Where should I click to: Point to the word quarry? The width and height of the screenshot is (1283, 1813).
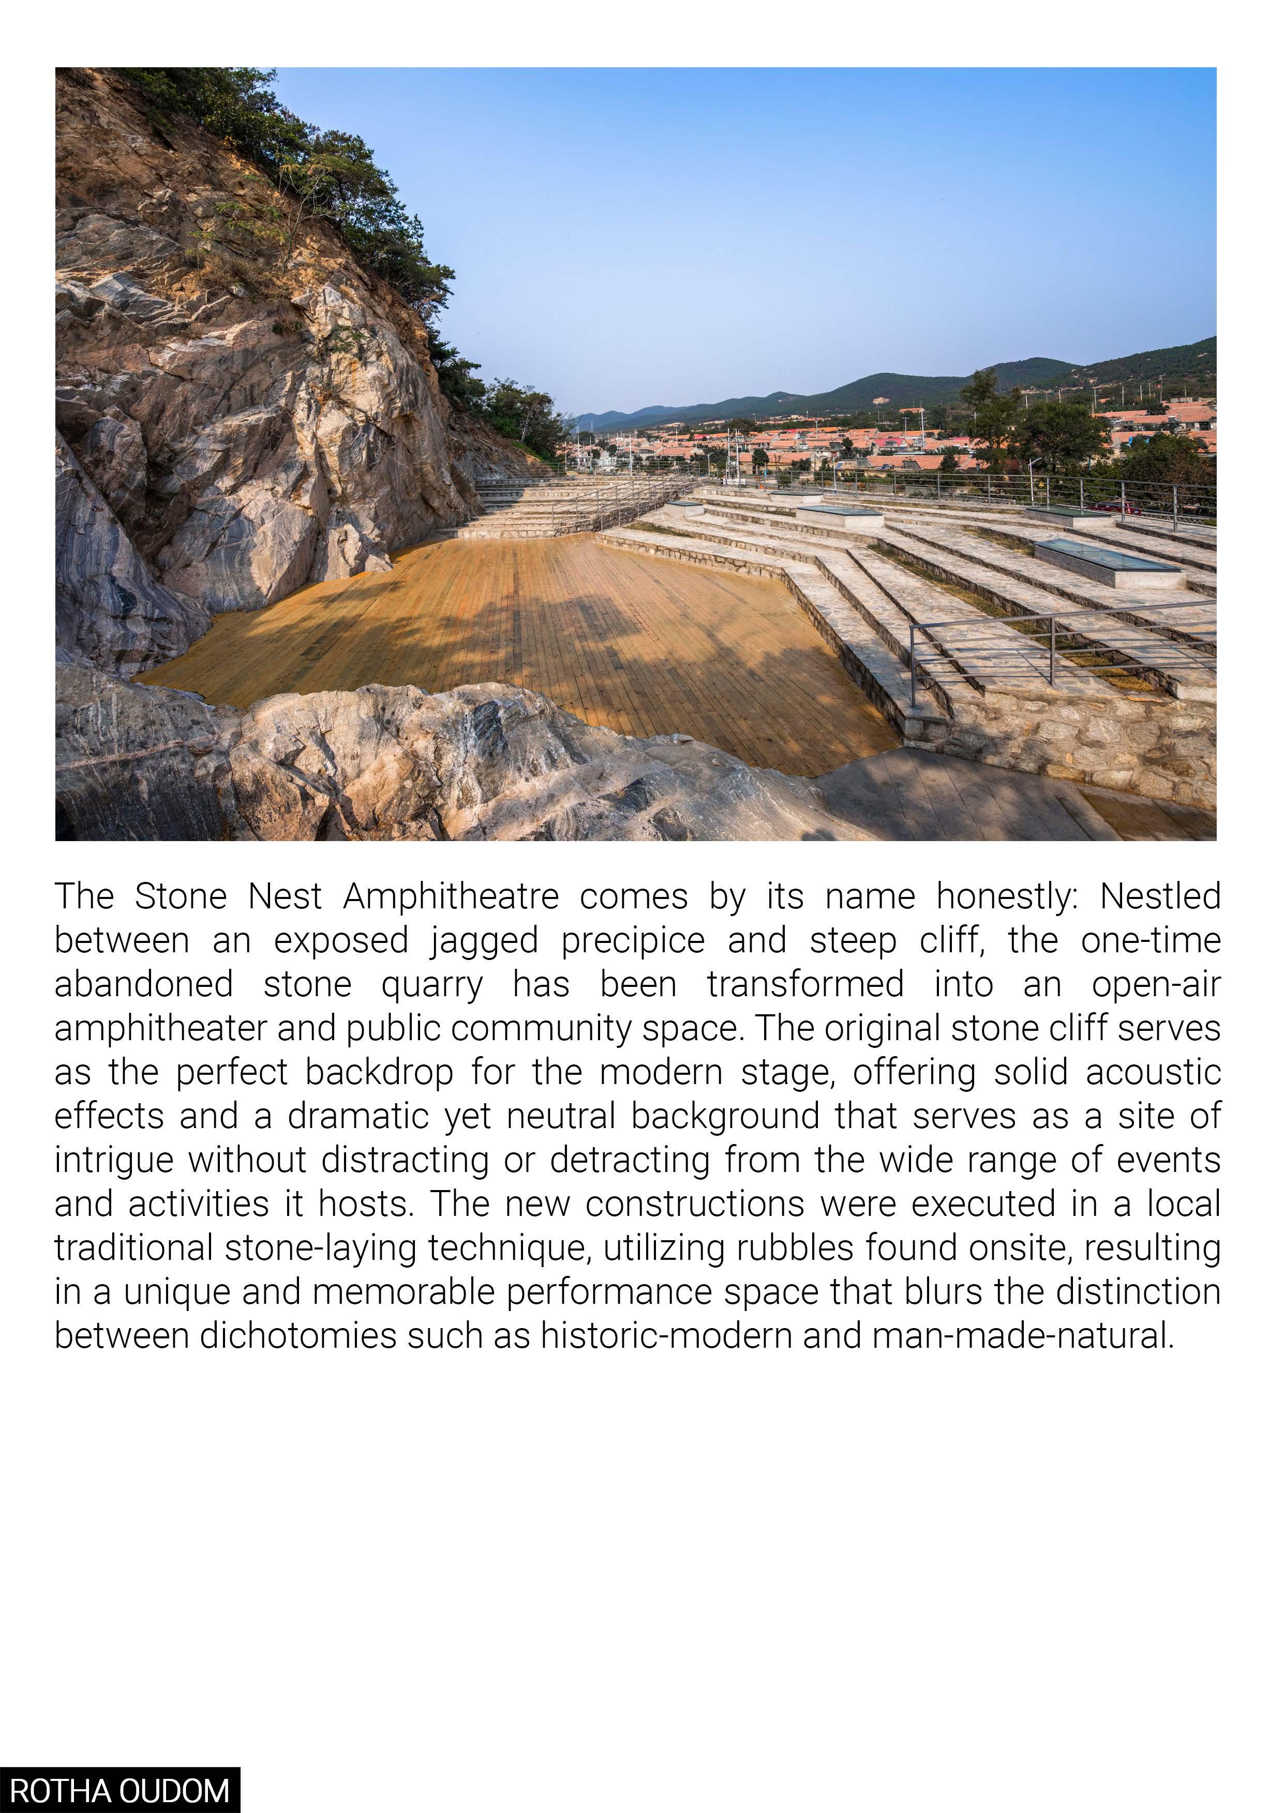(x=431, y=985)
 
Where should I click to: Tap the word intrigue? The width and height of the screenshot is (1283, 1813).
(x=114, y=1161)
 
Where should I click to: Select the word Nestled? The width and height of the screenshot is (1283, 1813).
(x=1160, y=897)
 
